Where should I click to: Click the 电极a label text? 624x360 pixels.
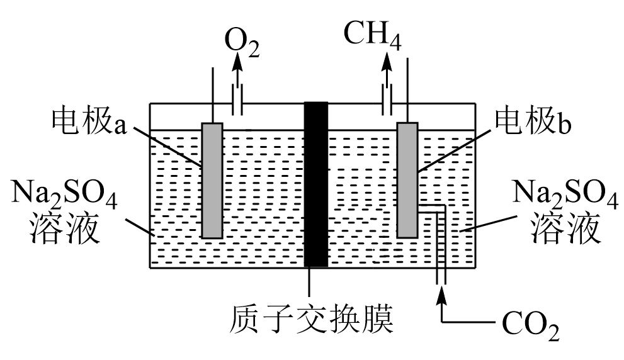tap(89, 120)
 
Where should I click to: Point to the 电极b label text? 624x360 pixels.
tap(533, 120)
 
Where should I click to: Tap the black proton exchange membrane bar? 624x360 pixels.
tap(316, 184)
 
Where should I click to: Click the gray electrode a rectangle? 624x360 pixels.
tap(212, 180)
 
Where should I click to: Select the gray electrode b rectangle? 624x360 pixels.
tap(407, 180)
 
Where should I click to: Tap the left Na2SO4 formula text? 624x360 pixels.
tap(64, 195)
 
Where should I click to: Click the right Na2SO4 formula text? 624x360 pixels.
tap(565, 195)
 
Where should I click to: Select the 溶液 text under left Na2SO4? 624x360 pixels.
tap(64, 228)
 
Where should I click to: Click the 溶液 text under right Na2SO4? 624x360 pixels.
tap(565, 228)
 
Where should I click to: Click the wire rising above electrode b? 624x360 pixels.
tap(407, 90)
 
